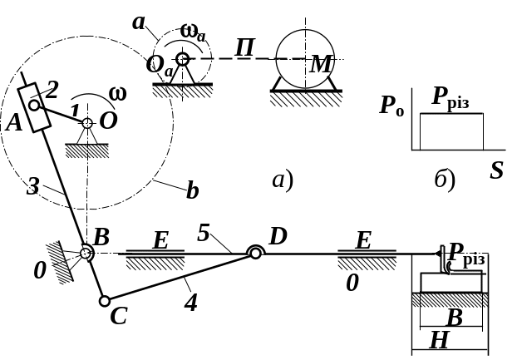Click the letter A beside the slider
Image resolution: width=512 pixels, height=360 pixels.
pyautogui.click(x=13, y=124)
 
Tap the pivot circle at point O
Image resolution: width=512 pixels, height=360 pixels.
pyautogui.click(x=86, y=124)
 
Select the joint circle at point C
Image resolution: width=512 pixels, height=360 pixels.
pyautogui.click(x=103, y=302)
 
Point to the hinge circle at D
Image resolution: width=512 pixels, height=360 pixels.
pyautogui.click(x=255, y=253)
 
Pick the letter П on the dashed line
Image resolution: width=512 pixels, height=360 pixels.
pyautogui.click(x=244, y=47)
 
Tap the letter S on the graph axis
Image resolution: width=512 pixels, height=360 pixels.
pyautogui.click(x=496, y=171)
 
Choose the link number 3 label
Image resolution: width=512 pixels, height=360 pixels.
pyautogui.click(x=32, y=186)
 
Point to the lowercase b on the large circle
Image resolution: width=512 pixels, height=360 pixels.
pyautogui.click(x=192, y=190)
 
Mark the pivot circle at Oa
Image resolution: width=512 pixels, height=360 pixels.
pyautogui.click(x=182, y=59)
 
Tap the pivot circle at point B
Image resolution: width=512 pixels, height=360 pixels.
pyautogui.click(x=86, y=254)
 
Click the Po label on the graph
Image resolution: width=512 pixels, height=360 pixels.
pyautogui.click(x=391, y=106)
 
